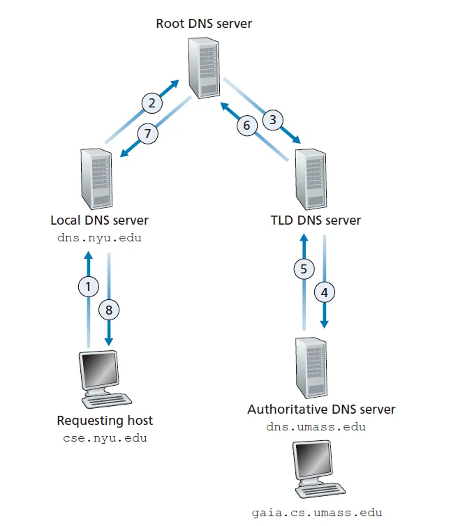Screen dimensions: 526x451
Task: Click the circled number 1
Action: click(x=88, y=285)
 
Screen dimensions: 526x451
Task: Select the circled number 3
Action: click(x=272, y=119)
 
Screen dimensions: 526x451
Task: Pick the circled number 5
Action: click(x=303, y=269)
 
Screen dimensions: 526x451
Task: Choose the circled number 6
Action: click(x=245, y=126)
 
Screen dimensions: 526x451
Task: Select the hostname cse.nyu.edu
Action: click(x=105, y=439)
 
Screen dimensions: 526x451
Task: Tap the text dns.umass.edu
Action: click(x=316, y=427)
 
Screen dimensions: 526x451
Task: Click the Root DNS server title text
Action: click(x=204, y=24)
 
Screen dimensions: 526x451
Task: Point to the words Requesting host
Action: click(x=105, y=421)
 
